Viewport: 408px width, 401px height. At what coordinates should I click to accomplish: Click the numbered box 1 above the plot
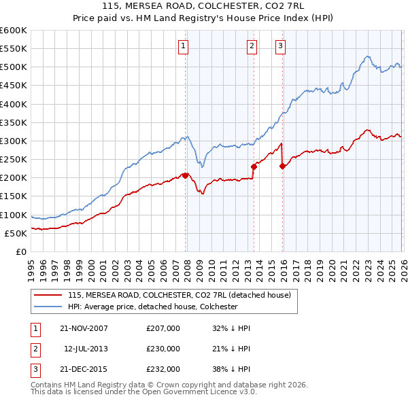(x=184, y=46)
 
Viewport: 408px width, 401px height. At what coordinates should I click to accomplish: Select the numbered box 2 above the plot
(x=252, y=46)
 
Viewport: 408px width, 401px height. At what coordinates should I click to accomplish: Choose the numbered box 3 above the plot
(x=281, y=46)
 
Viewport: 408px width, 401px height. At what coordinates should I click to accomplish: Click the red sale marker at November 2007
(x=185, y=175)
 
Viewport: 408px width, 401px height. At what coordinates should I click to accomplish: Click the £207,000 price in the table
(x=163, y=328)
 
